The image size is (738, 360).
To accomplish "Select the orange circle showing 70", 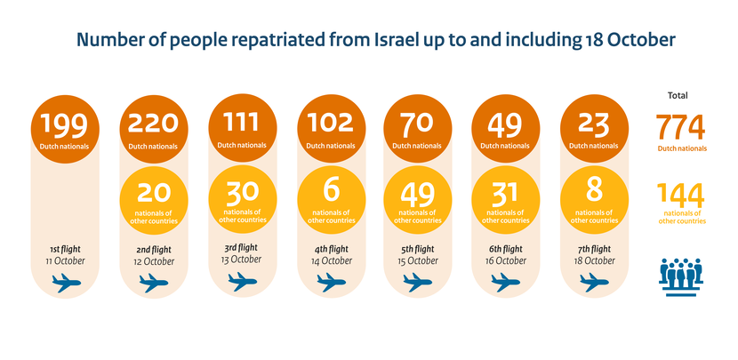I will coord(415,129).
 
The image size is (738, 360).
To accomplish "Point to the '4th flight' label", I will coord(326,249).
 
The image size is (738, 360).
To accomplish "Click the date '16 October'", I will coord(502,261).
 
